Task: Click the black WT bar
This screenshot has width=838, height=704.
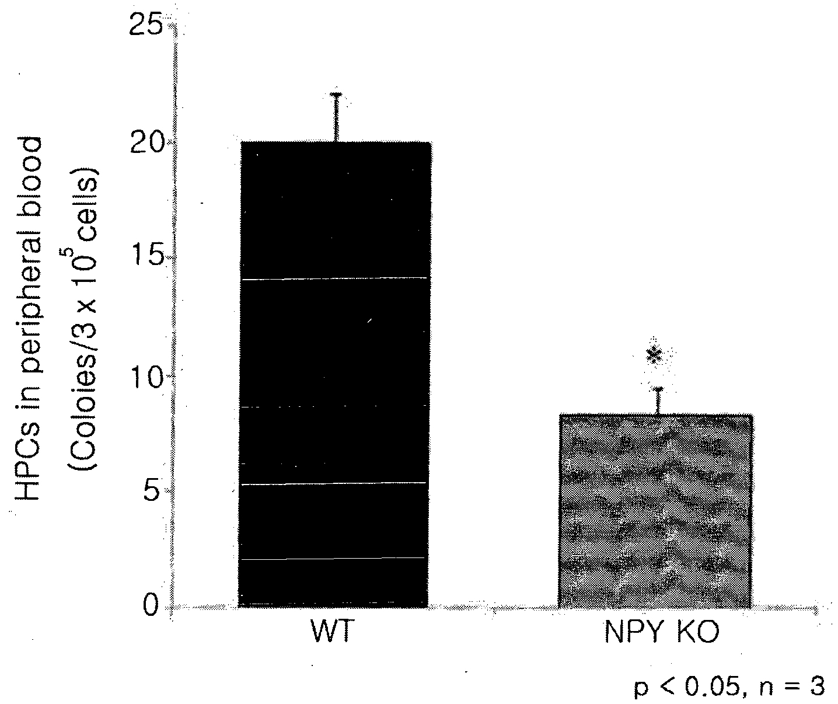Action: (335, 374)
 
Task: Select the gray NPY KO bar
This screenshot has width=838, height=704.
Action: (655, 511)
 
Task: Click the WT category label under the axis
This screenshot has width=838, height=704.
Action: (333, 632)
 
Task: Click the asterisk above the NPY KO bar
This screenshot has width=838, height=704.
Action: (655, 355)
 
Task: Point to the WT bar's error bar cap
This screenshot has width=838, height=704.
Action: (336, 95)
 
